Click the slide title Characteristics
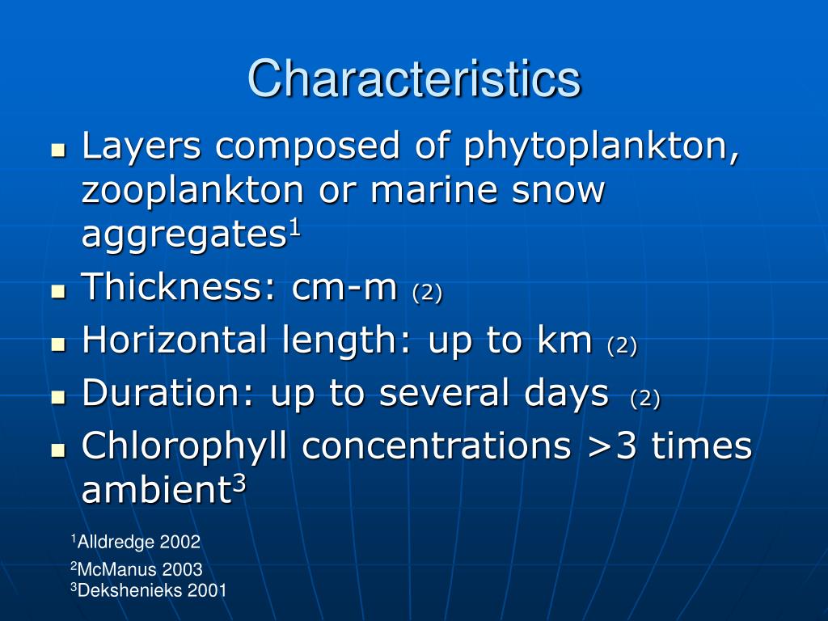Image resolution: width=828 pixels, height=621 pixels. [414, 79]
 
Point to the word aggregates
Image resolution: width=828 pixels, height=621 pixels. [185, 234]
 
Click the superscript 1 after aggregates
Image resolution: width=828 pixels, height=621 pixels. [295, 226]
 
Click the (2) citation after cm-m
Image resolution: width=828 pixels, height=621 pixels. [427, 292]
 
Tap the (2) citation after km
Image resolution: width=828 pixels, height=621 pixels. [622, 345]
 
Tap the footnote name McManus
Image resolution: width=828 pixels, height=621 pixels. [113, 570]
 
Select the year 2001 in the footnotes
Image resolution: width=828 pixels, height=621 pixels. [207, 590]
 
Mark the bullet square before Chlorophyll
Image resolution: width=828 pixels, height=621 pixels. [57, 450]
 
